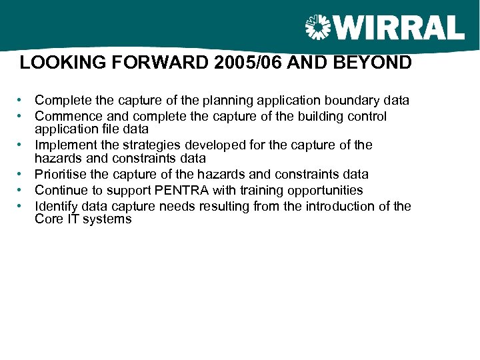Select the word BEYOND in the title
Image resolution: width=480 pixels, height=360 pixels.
pos(379,64)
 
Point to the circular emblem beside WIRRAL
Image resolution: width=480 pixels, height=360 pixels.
pos(318,28)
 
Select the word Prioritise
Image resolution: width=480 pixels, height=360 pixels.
pos(63,175)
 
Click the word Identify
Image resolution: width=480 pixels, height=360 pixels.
pos(57,206)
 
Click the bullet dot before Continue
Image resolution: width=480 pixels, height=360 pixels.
pos(21,191)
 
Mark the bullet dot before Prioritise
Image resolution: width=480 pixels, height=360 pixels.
pos(21,175)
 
